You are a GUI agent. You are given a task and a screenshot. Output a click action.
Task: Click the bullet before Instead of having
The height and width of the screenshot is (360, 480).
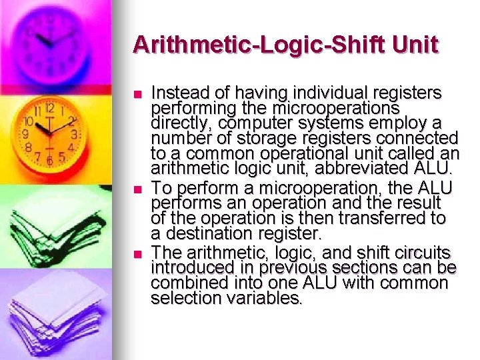[138, 93]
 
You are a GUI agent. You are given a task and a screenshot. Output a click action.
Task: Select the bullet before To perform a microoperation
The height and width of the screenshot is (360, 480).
[138, 189]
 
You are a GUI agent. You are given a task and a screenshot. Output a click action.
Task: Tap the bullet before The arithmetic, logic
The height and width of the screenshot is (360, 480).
[138, 253]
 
